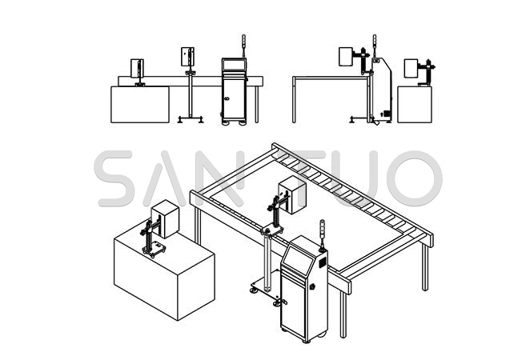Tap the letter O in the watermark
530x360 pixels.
pyautogui.click(x=415, y=178)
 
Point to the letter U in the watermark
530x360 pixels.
pyautogui.click(x=359, y=178)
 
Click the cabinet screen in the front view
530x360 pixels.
pyautogui.click(x=234, y=65)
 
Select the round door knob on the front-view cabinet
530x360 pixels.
pyautogui.click(x=227, y=98)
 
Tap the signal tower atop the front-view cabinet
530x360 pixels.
pyautogui.click(x=243, y=46)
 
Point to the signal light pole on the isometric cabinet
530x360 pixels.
pyautogui.click(x=323, y=235)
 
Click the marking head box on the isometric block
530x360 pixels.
pyautogui.click(x=165, y=219)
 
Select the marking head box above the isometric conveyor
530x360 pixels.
pyautogui.click(x=292, y=195)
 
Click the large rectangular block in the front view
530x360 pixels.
pyautogui.click(x=140, y=104)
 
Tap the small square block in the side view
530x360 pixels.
pyautogui.click(x=415, y=104)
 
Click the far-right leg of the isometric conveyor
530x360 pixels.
pyautogui.click(x=425, y=266)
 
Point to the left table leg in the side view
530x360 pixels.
pyautogui.click(x=294, y=100)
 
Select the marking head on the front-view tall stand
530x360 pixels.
pyautogui.click(x=187, y=57)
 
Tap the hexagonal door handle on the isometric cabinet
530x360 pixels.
pyautogui.click(x=312, y=286)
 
